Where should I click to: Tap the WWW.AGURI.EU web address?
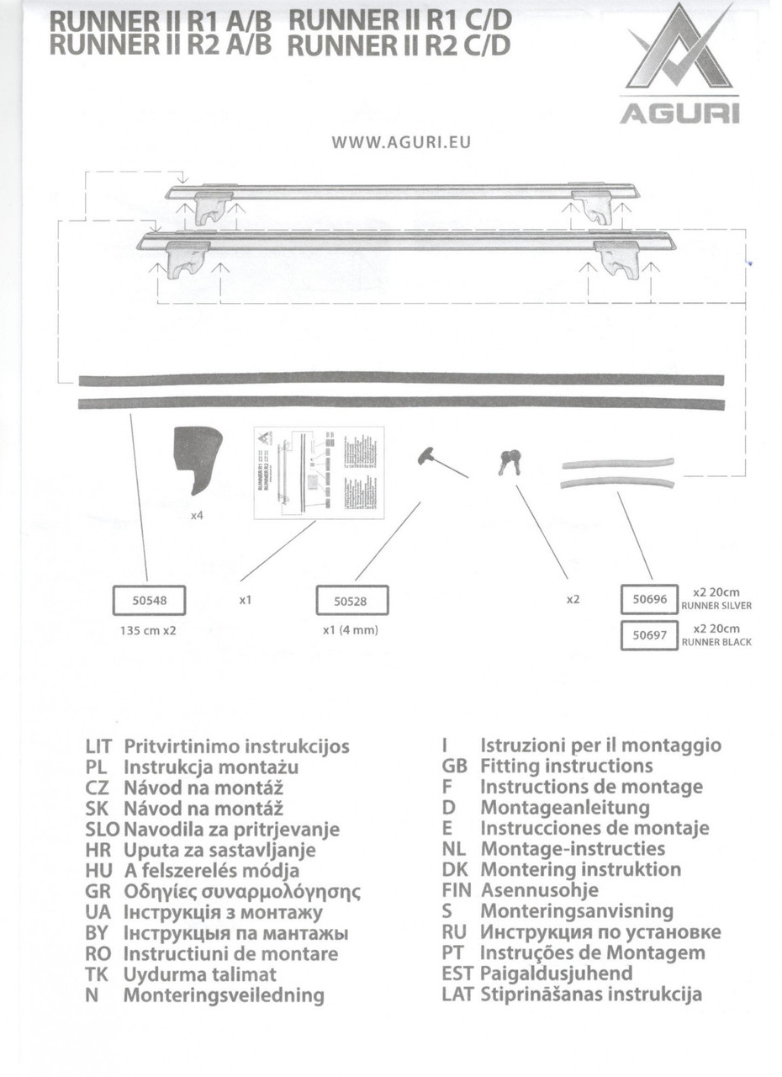(x=401, y=142)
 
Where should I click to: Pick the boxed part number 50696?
(x=649, y=599)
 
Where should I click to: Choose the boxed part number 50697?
(x=649, y=635)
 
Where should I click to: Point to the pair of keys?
(x=510, y=461)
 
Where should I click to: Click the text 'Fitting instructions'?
(x=566, y=766)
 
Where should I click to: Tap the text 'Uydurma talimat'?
(x=199, y=974)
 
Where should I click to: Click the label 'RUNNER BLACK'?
(x=716, y=642)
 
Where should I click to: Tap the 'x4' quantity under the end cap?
(x=197, y=515)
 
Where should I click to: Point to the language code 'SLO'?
(x=103, y=830)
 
